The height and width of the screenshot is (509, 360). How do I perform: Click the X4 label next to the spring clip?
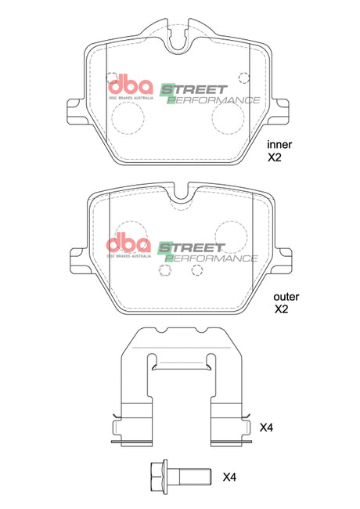[x=267, y=428]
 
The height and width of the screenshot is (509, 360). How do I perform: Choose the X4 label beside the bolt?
[x=229, y=476]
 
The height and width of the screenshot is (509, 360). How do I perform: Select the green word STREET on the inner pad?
[x=193, y=89]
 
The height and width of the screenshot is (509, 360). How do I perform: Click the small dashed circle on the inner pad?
[x=244, y=77]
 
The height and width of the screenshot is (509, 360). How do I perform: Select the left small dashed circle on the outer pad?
[x=164, y=270]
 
